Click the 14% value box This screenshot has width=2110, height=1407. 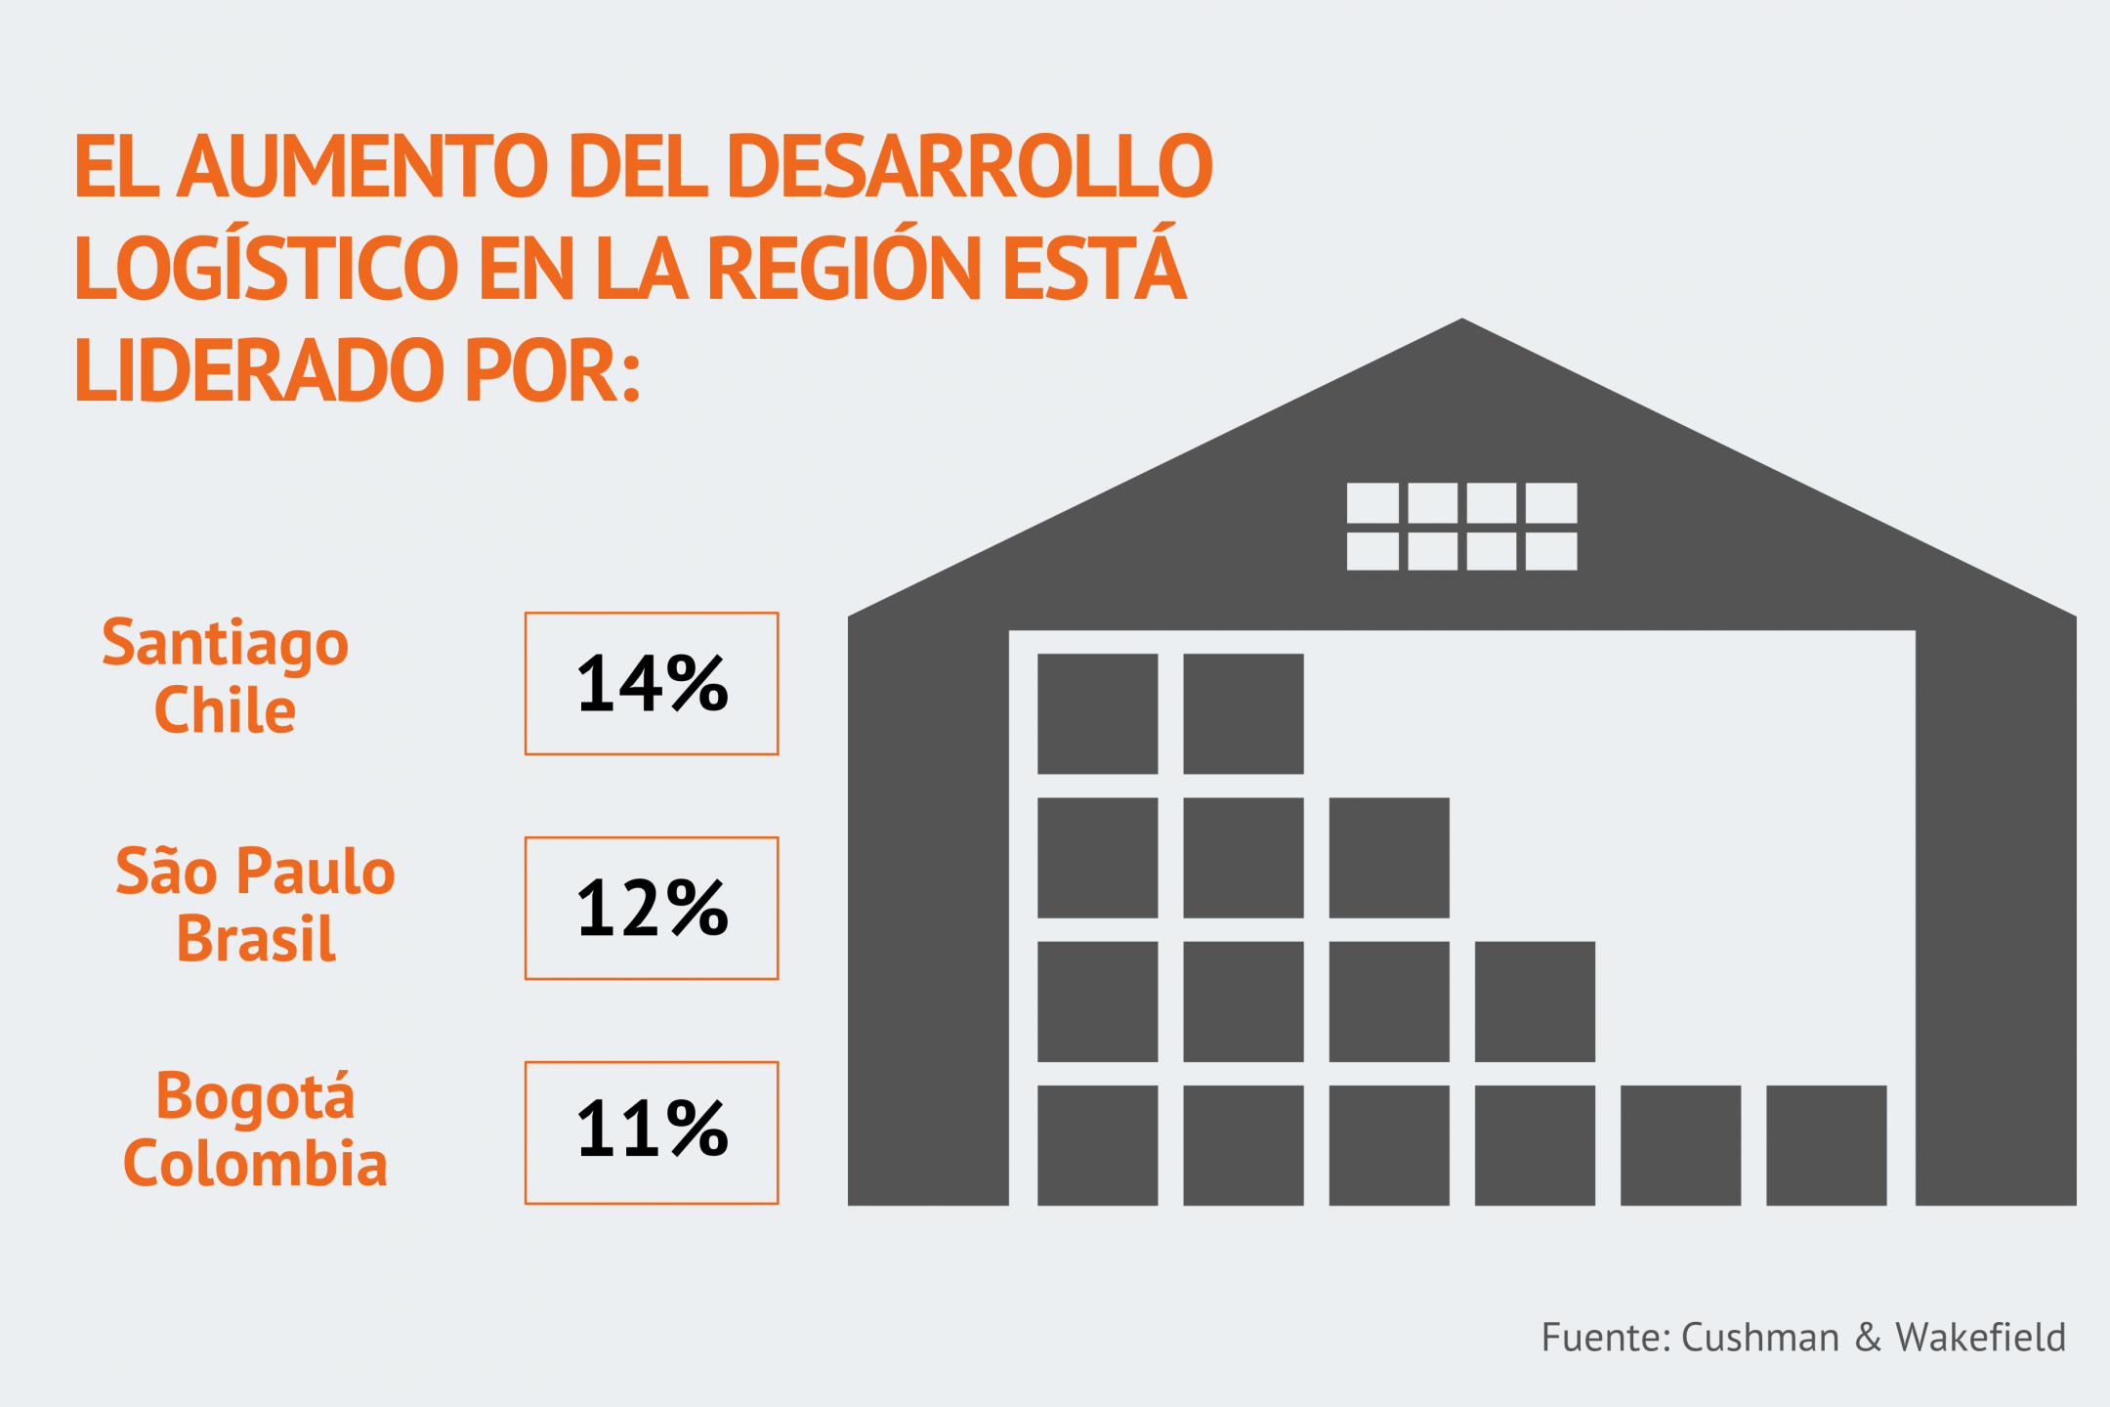652,684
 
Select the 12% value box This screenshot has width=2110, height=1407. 652,908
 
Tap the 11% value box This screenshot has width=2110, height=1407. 652,1132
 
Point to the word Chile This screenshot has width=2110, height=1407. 225,710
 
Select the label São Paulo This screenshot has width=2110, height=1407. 255,872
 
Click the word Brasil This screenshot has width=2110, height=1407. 256,939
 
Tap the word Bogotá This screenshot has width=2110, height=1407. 255,1096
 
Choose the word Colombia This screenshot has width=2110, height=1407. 255,1164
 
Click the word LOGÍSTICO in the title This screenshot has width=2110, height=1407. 266,267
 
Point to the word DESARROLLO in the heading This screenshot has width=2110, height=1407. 969,165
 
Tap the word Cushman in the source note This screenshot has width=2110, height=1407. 1760,1338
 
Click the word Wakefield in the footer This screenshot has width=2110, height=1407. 1980,1338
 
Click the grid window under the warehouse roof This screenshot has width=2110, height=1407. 1461,526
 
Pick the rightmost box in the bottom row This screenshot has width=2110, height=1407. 1826,1144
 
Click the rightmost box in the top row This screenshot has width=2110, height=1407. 1243,713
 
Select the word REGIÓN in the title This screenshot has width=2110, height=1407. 843,267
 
